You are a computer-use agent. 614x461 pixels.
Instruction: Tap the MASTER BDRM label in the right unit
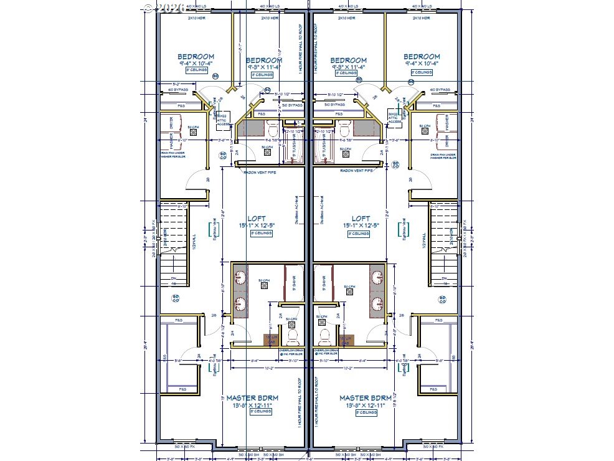pyautogui.click(x=366, y=397)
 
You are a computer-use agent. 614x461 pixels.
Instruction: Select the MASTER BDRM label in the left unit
pyautogui.click(x=252, y=397)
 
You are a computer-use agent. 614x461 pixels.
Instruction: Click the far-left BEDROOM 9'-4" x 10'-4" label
pyautogui.click(x=196, y=56)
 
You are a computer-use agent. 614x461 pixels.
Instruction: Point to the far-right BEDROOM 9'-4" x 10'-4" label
pyautogui.click(x=422, y=56)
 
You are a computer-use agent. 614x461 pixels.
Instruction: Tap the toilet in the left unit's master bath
pyautogui.click(x=291, y=337)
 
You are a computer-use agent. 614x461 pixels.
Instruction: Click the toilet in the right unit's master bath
pyautogui.click(x=324, y=337)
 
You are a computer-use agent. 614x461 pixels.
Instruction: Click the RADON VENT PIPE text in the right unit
pyautogui.click(x=352, y=170)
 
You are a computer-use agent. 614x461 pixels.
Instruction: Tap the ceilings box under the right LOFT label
pyautogui.click(x=361, y=234)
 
